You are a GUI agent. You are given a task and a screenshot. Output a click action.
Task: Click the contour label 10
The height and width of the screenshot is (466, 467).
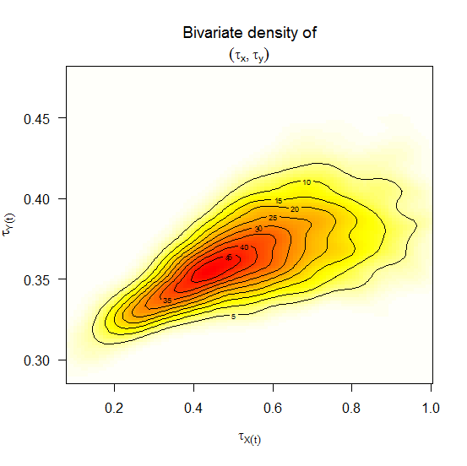[x=307, y=182]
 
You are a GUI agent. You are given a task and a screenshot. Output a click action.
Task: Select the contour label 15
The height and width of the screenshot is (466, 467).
[x=278, y=200]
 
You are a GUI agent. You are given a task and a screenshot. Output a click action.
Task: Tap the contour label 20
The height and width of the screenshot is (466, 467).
[x=294, y=209]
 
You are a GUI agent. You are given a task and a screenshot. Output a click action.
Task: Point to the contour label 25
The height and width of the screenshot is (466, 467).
[x=273, y=219]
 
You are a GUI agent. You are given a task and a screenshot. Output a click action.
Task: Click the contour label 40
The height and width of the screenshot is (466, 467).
[x=244, y=247]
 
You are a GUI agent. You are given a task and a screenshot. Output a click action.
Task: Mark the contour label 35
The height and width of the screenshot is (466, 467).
[x=167, y=301]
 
